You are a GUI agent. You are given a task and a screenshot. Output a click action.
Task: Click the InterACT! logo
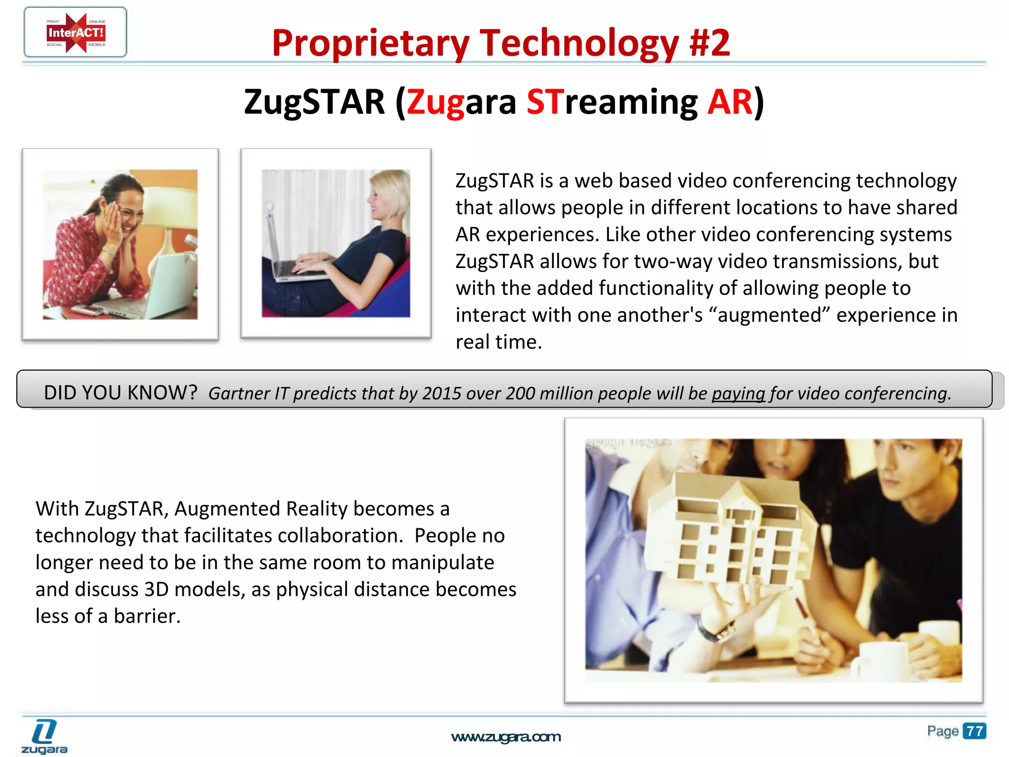tap(75, 33)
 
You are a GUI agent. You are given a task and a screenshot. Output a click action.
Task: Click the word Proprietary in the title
tap(370, 44)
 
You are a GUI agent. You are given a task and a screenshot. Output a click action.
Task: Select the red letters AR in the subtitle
tap(730, 102)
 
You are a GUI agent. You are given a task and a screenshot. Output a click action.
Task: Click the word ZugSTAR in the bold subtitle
tap(314, 102)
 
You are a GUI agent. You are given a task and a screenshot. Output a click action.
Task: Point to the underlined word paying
tap(738, 393)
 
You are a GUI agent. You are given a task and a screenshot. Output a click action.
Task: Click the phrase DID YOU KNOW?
tap(120, 393)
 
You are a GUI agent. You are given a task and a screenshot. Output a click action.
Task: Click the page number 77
tap(974, 731)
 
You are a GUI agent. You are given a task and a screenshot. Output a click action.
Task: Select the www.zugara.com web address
tap(505, 737)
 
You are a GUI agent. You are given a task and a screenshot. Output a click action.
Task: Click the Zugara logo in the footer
tap(44, 737)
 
